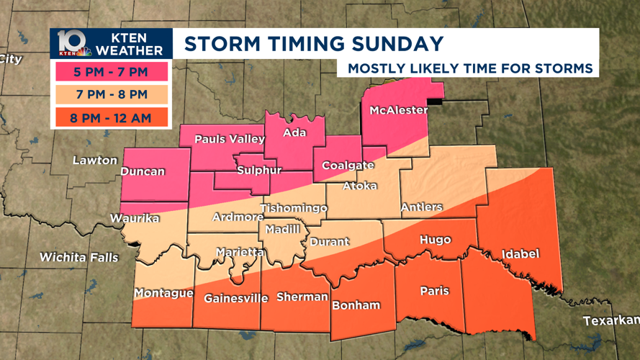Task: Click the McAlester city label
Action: (398, 110)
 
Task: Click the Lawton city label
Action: (95, 160)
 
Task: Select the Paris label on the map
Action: (434, 291)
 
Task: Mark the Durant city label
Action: (329, 242)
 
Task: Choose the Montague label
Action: (163, 293)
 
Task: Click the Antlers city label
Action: (421, 207)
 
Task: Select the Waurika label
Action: (134, 218)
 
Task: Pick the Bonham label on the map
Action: (356, 305)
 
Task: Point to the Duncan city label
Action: (143, 171)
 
